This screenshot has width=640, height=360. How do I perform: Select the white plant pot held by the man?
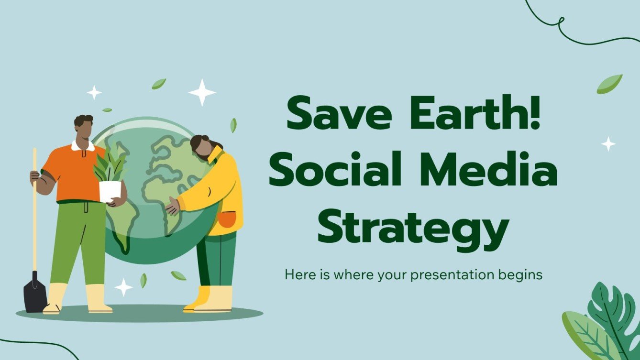[x=110, y=191]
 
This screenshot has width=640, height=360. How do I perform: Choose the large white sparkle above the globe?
[x=202, y=92]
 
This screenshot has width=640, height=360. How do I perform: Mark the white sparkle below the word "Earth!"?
[x=608, y=143]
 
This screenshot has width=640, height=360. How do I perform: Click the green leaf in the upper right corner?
[x=609, y=84]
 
